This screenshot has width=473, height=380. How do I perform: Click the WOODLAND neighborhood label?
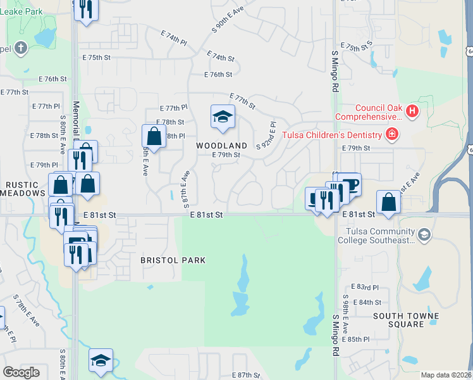point(221,146)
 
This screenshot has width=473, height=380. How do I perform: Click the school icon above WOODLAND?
point(222,117)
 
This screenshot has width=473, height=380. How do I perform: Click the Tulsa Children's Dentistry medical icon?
point(392,134)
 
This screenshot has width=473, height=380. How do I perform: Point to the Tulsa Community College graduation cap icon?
point(424,235)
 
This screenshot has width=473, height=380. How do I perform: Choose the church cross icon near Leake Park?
point(21,47)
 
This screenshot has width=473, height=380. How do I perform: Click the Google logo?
point(21,372)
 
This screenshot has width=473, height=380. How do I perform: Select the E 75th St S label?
point(357,47)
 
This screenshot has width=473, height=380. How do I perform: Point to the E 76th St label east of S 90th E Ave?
point(218,75)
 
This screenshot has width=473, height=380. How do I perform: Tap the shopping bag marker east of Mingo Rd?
point(388,203)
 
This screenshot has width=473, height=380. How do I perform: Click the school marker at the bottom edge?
point(101,360)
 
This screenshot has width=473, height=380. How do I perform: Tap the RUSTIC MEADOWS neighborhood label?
point(23,189)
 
